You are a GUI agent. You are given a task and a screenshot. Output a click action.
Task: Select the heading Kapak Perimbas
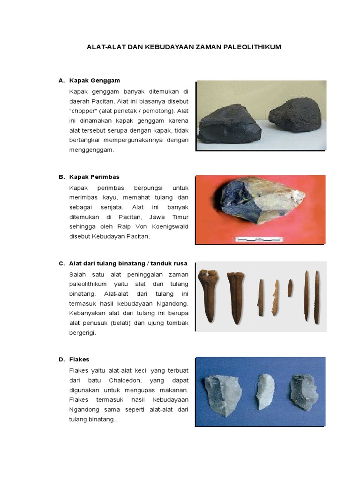[94, 177]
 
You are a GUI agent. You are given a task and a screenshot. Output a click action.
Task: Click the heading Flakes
[79, 360]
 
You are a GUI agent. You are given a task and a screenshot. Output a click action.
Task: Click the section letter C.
[61, 263]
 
